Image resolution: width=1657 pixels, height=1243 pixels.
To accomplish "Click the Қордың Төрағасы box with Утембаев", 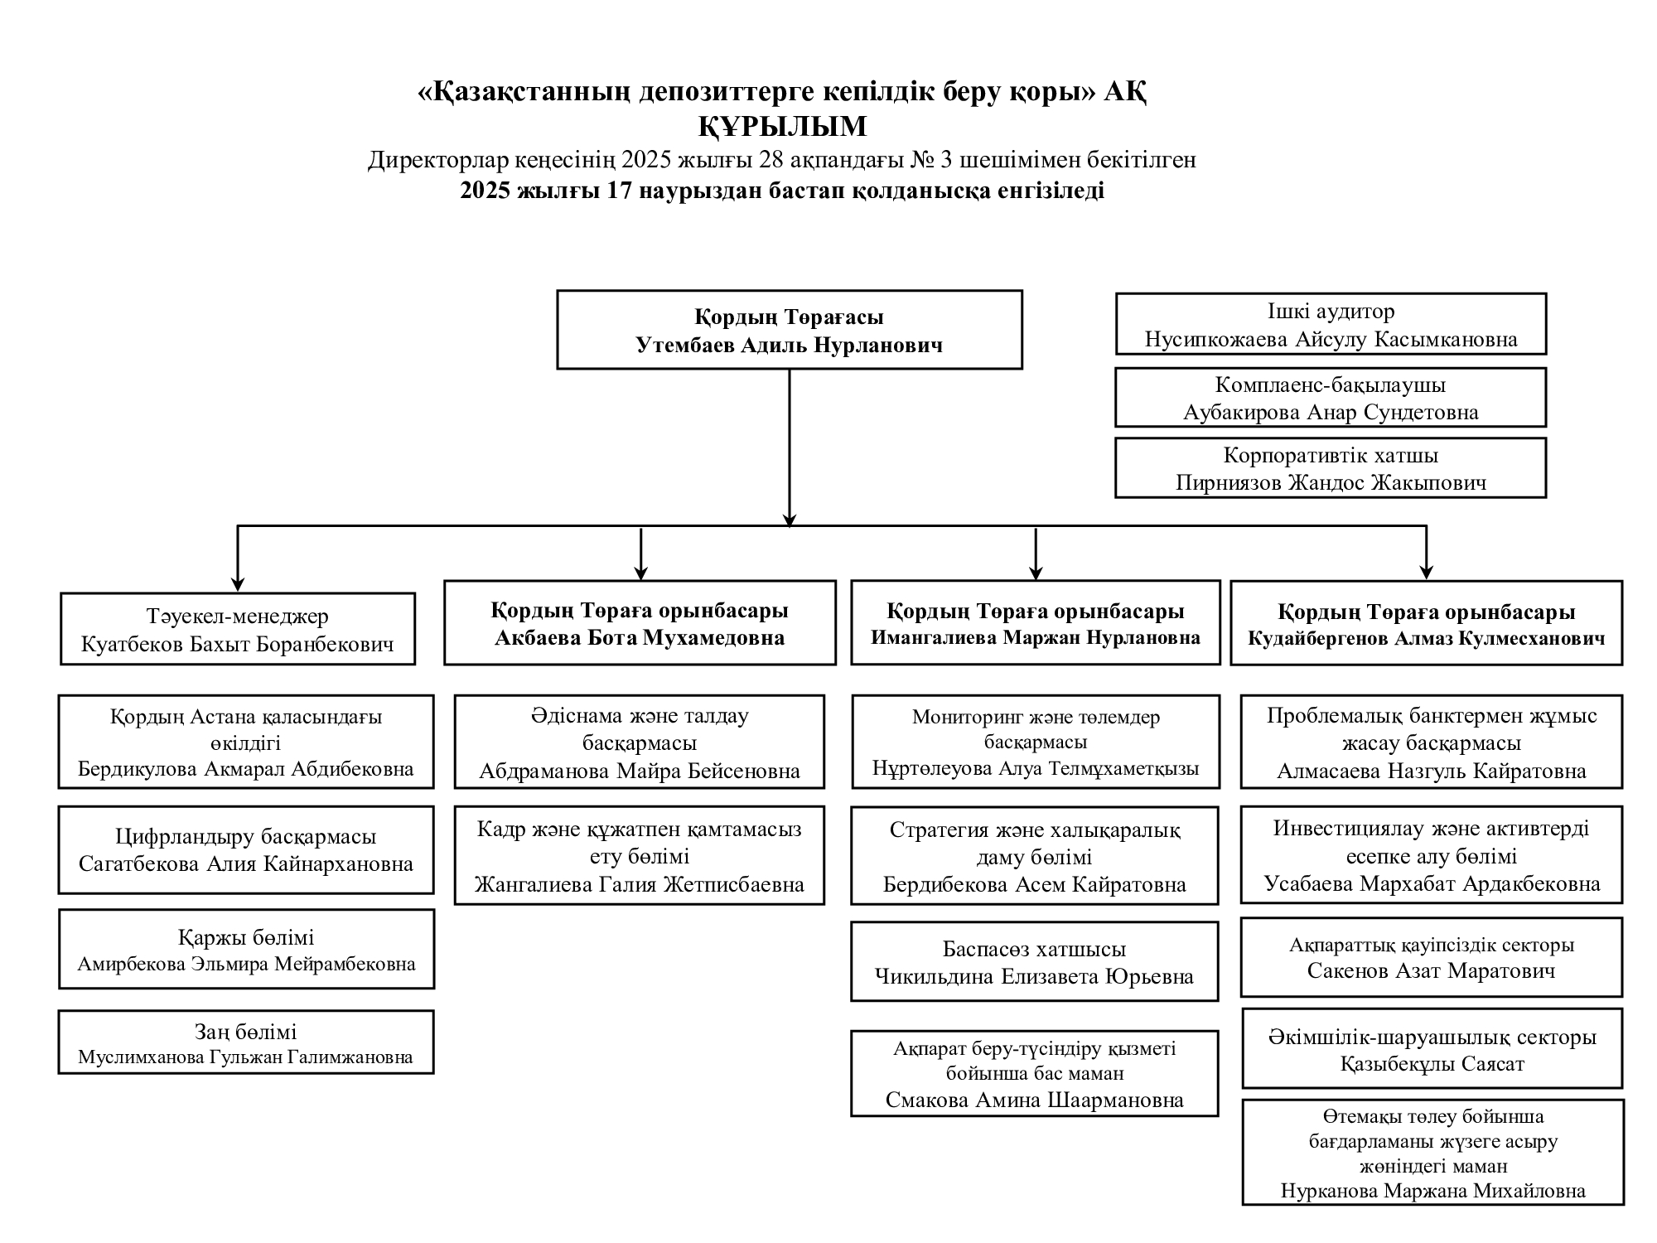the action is (789, 330).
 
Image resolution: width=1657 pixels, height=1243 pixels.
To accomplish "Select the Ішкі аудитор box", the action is (1331, 324).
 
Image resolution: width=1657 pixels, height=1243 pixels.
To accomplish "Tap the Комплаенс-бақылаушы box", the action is (1331, 398).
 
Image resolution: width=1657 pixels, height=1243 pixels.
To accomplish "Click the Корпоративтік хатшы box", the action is (1331, 468).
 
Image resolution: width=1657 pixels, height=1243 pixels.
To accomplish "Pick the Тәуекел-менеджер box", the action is (238, 629).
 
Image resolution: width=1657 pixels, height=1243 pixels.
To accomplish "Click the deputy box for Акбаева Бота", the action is (640, 623).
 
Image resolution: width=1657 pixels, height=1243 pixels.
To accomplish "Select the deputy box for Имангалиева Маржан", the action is (1035, 623).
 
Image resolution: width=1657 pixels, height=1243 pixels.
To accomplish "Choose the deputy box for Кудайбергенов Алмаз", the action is (1426, 623).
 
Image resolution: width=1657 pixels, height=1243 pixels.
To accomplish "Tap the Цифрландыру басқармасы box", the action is (246, 850).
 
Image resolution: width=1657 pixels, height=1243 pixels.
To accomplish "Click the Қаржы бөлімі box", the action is (246, 949).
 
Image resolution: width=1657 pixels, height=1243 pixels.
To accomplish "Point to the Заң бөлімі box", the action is (246, 1042).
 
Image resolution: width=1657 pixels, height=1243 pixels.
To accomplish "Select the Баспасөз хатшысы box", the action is (1035, 961).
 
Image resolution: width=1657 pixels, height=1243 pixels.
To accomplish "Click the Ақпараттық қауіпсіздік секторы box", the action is (1431, 957).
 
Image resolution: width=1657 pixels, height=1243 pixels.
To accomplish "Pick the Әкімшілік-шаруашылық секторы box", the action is (1432, 1049).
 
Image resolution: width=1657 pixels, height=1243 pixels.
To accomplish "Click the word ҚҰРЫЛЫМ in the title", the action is (782, 127).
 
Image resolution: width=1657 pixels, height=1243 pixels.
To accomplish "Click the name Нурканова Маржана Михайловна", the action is (1433, 1192).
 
